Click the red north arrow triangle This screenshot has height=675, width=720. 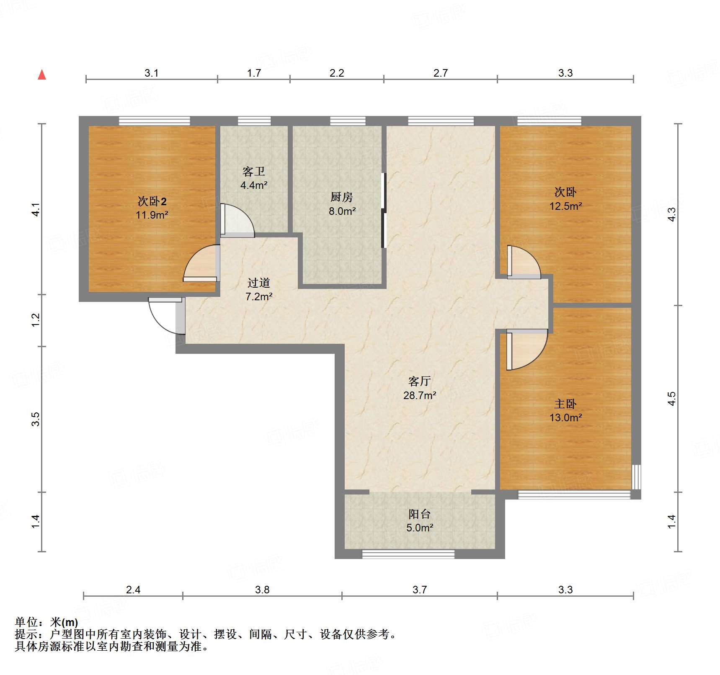point(42,75)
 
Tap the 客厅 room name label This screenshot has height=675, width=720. point(419,381)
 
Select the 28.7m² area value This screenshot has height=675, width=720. point(419,395)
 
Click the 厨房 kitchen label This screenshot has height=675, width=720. point(342,197)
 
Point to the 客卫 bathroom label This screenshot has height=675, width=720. point(254,172)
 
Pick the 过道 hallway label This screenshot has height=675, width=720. point(258,283)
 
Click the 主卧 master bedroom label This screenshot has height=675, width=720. point(565,404)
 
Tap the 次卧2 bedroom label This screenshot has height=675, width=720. point(152,202)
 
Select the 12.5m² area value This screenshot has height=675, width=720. point(565,206)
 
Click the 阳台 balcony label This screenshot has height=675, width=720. point(419,514)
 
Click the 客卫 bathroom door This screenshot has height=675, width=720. point(237,220)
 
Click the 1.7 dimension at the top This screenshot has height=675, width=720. point(254,73)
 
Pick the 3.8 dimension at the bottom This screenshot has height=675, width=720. point(262,590)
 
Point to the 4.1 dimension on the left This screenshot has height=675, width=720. point(36,209)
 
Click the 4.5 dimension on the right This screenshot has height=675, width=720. point(671,398)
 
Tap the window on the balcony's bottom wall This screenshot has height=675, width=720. point(408,554)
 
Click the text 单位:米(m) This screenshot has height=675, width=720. point(46,623)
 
